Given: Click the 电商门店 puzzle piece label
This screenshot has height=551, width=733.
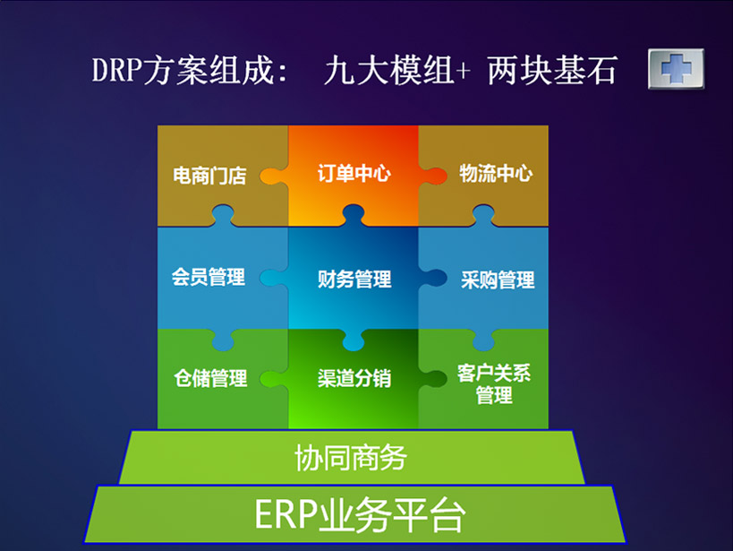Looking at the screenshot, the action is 209,176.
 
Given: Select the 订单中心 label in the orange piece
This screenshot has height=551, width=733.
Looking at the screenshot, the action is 354,173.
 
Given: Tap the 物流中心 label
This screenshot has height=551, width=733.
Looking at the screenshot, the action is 496,173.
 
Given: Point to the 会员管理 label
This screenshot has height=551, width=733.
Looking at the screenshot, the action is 209,277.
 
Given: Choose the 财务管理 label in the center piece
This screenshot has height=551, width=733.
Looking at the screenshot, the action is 354,280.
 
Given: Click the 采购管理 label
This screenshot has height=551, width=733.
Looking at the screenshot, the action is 498,280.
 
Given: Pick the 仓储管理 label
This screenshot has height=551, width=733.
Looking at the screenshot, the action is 210,378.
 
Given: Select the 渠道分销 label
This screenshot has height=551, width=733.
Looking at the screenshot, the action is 354,378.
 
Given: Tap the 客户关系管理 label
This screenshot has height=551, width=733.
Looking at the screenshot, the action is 494,384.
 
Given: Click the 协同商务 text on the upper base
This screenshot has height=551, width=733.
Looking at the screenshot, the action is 351,458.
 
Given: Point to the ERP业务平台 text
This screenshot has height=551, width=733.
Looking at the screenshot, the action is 360,515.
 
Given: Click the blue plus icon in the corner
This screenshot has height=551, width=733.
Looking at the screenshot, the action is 676,69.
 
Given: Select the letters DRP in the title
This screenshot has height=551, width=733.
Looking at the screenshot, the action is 117,70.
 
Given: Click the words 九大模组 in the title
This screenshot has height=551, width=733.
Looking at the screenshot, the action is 389,70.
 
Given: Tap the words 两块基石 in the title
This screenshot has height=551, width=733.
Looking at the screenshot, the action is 552,70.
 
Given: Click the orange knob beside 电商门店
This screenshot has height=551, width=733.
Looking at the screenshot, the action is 273,176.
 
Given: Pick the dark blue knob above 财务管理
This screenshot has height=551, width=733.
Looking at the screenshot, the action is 354,215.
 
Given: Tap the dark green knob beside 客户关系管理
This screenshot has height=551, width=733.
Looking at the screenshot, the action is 433,378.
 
